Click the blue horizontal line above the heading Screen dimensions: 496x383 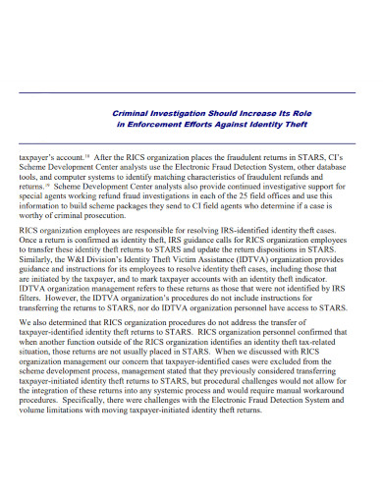[191, 91]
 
